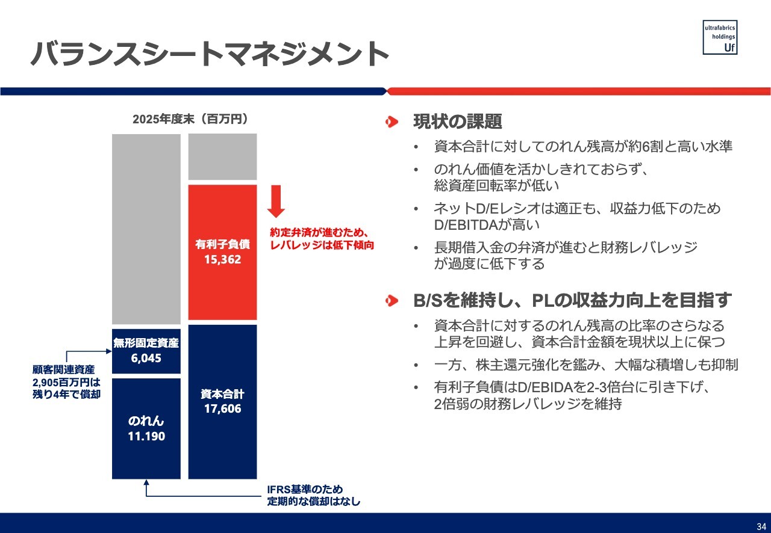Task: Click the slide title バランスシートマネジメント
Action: tap(210, 54)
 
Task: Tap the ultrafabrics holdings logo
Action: tap(720, 37)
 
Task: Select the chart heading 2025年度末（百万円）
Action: tap(190, 119)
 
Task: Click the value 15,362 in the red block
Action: tap(223, 259)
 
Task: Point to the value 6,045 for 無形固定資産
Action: tap(146, 358)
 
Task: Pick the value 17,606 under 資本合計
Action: tap(223, 408)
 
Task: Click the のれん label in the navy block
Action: tap(146, 421)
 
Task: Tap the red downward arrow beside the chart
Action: tap(276, 201)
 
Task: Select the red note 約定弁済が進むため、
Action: tap(319, 232)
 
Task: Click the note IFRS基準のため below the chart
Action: tap(305, 489)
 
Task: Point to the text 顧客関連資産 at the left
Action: tap(64, 369)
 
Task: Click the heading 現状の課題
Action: tap(457, 122)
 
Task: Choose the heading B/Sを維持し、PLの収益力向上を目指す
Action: tap(572, 300)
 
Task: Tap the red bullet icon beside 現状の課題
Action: tap(392, 122)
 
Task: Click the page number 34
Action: tap(761, 526)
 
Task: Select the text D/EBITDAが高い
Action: tap(487, 225)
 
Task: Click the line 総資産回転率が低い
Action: tap(496, 186)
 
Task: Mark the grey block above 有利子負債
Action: tap(223, 157)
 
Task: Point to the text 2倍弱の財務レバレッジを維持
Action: tap(528, 404)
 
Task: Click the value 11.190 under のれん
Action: tap(146, 436)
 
